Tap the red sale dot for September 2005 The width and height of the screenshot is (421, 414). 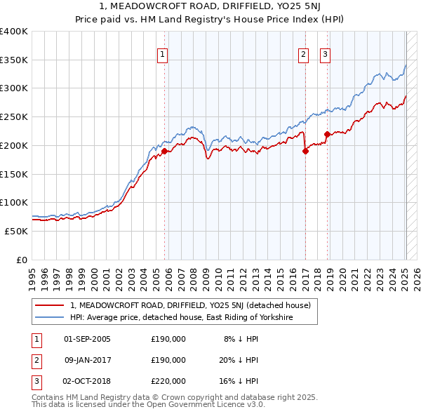[164, 151]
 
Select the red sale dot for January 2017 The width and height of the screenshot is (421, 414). [305, 151]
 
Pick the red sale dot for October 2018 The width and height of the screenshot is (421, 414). [327, 134]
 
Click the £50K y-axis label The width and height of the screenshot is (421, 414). [17, 231]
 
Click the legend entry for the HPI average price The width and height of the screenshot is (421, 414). [181, 317]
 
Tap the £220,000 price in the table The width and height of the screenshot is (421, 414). [168, 381]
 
